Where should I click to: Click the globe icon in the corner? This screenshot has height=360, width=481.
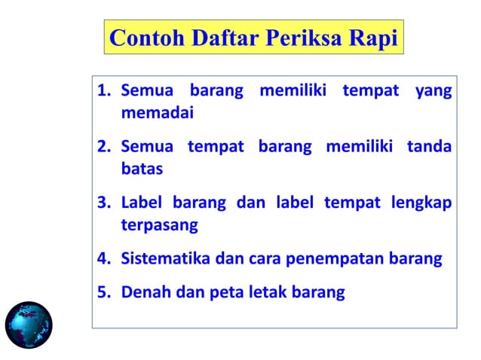pos(29,325)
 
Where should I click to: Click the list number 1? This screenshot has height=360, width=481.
pos(104,92)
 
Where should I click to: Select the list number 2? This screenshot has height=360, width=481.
pos(104,147)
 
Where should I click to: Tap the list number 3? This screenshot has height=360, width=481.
pos(104,203)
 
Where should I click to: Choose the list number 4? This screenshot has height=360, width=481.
pos(104,259)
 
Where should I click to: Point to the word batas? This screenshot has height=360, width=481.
pos(142,169)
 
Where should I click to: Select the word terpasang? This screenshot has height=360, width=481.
pos(159,225)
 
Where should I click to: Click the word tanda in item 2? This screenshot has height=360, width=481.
pos(430,147)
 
